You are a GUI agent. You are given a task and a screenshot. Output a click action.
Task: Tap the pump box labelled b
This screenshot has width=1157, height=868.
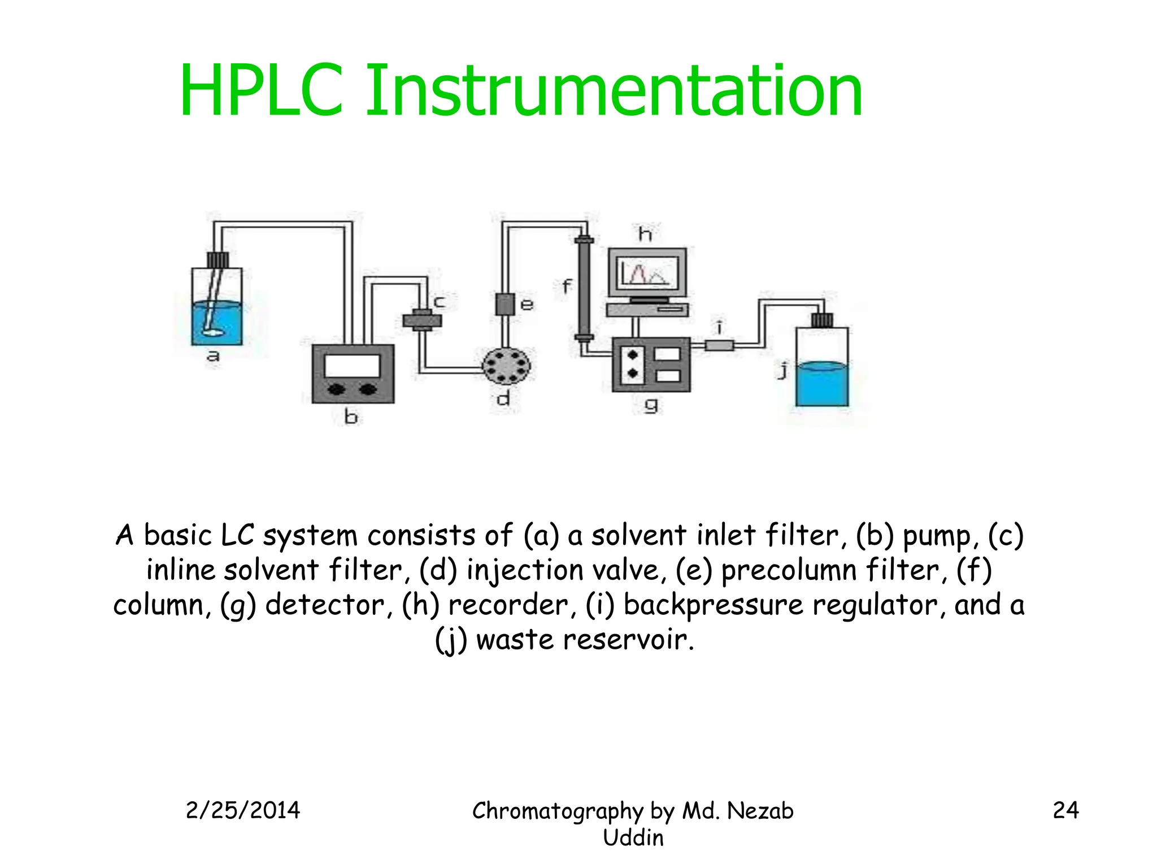353,374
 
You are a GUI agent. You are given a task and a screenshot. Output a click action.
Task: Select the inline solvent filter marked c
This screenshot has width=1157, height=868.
422,320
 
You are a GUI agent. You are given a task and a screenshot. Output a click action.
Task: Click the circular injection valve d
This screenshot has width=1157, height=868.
506,366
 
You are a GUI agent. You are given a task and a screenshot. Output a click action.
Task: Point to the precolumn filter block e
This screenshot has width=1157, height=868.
505,304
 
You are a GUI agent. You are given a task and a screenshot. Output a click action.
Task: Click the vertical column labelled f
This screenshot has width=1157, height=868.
584,288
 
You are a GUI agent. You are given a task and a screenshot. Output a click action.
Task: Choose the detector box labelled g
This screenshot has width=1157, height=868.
651,364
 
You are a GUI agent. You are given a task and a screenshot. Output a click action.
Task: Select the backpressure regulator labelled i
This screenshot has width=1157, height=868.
719,345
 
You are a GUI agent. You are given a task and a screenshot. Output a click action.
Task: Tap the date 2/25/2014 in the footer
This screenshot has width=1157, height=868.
243,810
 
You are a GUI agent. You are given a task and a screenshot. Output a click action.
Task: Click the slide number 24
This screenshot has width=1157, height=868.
1065,810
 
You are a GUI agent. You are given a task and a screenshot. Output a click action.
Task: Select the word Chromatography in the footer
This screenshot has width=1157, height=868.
557,811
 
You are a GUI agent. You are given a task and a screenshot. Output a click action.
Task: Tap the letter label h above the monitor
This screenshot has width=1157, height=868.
645,233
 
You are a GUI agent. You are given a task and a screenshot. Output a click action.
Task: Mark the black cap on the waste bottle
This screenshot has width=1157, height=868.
822,320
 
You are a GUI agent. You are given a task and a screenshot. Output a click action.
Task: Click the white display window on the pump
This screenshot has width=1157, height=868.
353,366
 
